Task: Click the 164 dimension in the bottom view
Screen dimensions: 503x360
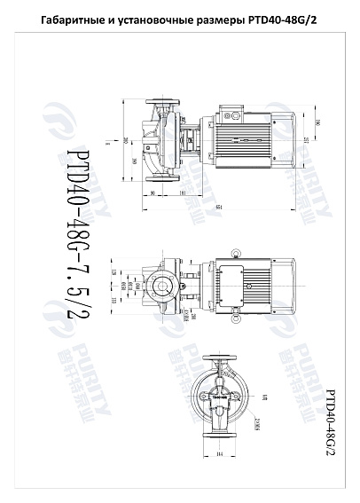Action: coord(218,455)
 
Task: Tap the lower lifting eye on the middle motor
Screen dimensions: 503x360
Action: coord(237,316)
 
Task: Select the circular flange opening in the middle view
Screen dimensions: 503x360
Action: coord(160,285)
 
